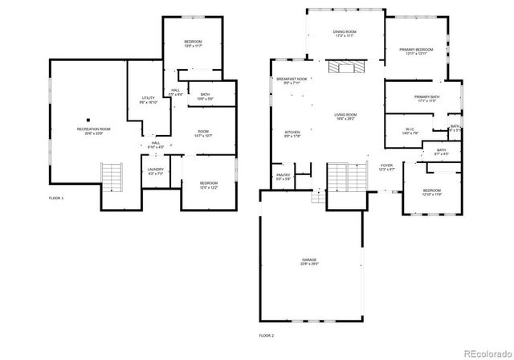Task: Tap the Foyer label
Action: (387, 166)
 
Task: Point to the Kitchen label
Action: (292, 133)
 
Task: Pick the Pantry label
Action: (283, 177)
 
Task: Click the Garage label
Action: (309, 262)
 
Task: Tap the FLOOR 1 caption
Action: (56, 198)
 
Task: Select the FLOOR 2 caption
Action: (266, 334)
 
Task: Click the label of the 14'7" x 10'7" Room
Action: (202, 133)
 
